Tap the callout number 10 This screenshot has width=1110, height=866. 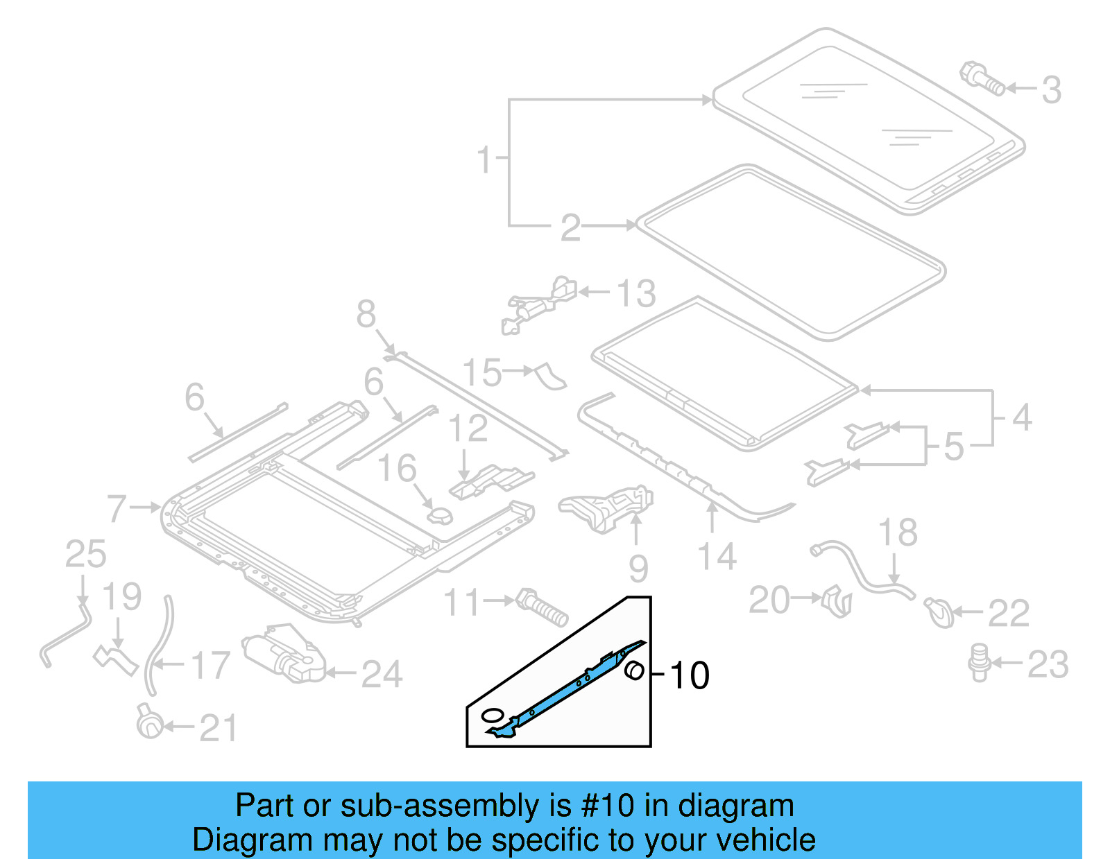click(689, 675)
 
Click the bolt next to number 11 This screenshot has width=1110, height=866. click(543, 607)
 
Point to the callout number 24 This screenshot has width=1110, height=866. click(382, 675)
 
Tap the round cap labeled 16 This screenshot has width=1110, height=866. click(439, 516)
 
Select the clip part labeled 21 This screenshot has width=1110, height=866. click(149, 724)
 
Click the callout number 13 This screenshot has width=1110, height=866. click(636, 293)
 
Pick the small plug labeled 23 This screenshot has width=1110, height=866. click(979, 662)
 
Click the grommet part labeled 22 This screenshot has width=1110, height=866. click(940, 612)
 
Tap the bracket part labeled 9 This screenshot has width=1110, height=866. click(608, 508)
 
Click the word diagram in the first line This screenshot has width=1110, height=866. click(735, 806)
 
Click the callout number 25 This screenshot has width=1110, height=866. click(85, 555)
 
